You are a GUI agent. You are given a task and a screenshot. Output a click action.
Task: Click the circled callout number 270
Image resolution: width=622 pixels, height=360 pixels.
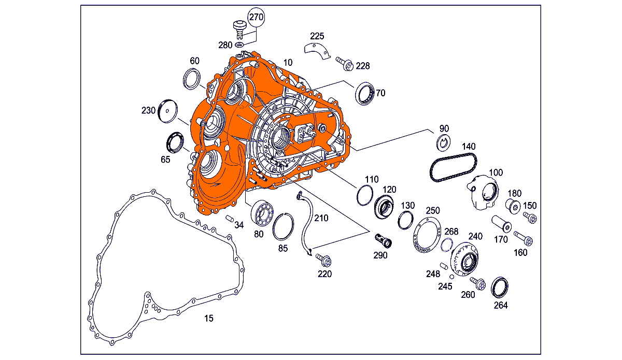point(256,17)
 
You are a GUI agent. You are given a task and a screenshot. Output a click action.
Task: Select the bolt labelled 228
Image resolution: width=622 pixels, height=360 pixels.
point(345,64)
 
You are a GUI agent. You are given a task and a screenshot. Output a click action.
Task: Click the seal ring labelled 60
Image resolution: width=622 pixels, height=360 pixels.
point(192,79)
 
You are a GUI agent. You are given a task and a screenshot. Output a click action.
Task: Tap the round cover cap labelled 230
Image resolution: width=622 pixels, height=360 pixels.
point(168,109)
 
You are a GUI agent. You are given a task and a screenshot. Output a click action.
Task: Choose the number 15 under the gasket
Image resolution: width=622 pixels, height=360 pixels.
point(208,318)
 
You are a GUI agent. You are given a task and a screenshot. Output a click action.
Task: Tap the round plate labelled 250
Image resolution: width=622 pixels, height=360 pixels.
point(427,236)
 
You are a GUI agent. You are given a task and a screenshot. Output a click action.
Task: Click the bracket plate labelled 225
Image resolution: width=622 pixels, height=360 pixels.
point(316,51)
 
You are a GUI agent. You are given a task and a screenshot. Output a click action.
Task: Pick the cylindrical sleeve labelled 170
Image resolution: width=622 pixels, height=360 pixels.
point(501,224)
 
